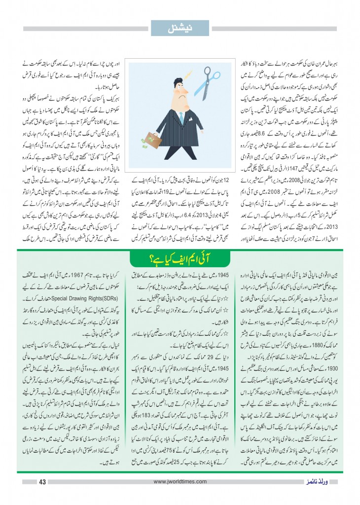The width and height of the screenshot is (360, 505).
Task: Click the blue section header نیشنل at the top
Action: tap(180, 28)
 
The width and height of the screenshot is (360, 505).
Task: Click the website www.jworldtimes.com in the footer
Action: tap(180, 482)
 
